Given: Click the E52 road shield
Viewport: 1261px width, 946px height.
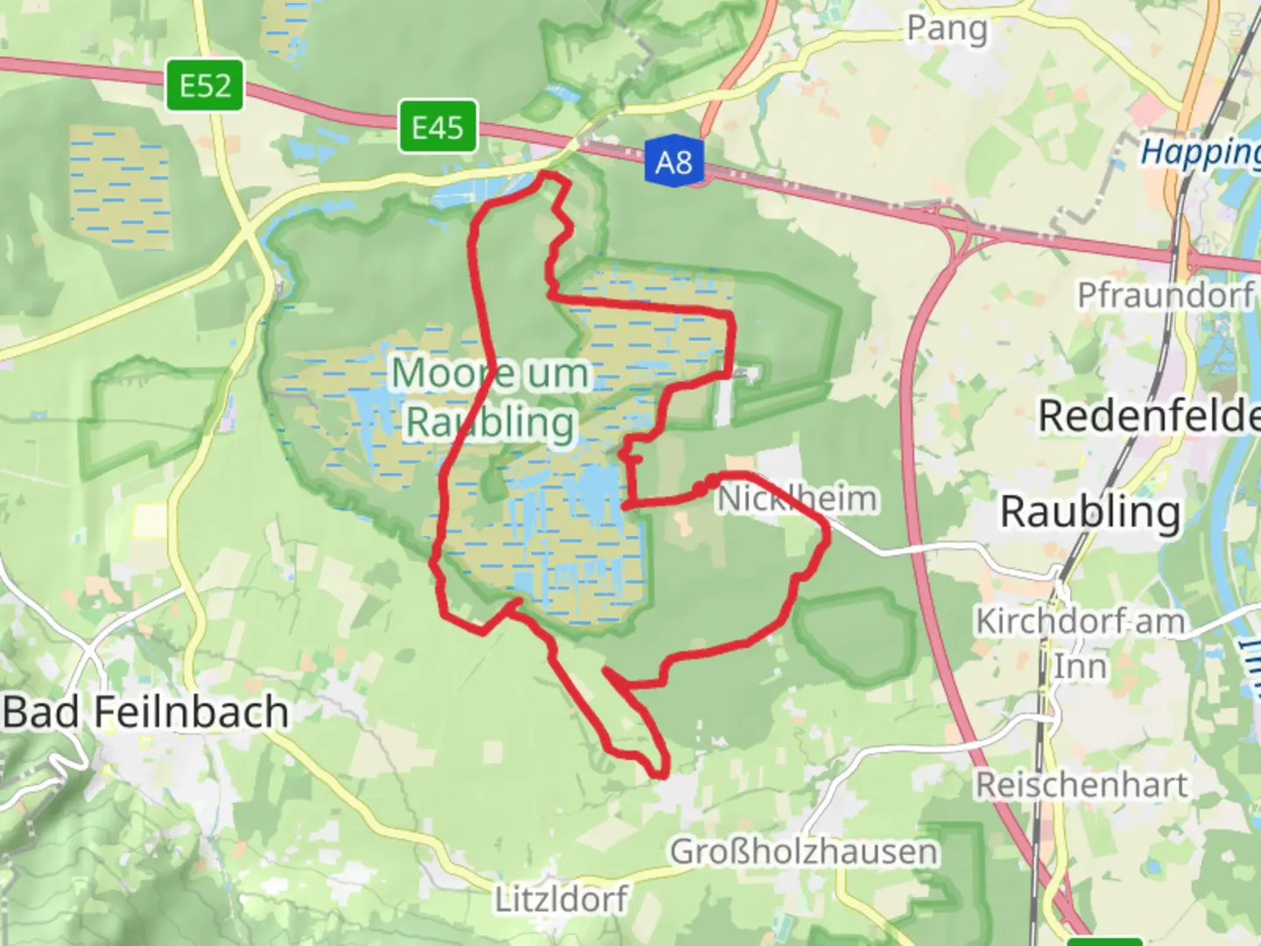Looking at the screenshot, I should pos(205,86).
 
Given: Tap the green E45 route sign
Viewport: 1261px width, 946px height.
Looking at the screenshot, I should pos(438,128).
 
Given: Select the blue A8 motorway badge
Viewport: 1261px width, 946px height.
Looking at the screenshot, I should pos(673,162).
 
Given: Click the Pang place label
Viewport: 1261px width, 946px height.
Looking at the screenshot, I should pos(947,28).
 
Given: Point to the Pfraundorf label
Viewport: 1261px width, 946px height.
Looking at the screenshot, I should pos(1166,295).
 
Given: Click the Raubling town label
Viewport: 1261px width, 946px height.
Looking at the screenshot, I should pos(1090,512).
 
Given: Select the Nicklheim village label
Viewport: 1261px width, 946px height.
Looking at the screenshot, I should pos(797,499).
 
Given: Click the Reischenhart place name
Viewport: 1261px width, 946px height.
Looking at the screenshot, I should pos(1081,785).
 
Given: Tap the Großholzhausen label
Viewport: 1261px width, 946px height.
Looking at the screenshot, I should pos(803,851).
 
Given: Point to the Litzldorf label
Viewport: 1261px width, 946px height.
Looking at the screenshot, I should pos(561,900).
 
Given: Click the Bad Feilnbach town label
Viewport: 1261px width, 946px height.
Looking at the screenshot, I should pos(145,712).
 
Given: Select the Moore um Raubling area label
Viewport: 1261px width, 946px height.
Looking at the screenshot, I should pos(490,398).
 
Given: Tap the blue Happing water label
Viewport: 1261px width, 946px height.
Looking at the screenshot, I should pos(1200,153).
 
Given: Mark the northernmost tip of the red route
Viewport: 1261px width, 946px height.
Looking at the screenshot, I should pos(549,175).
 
